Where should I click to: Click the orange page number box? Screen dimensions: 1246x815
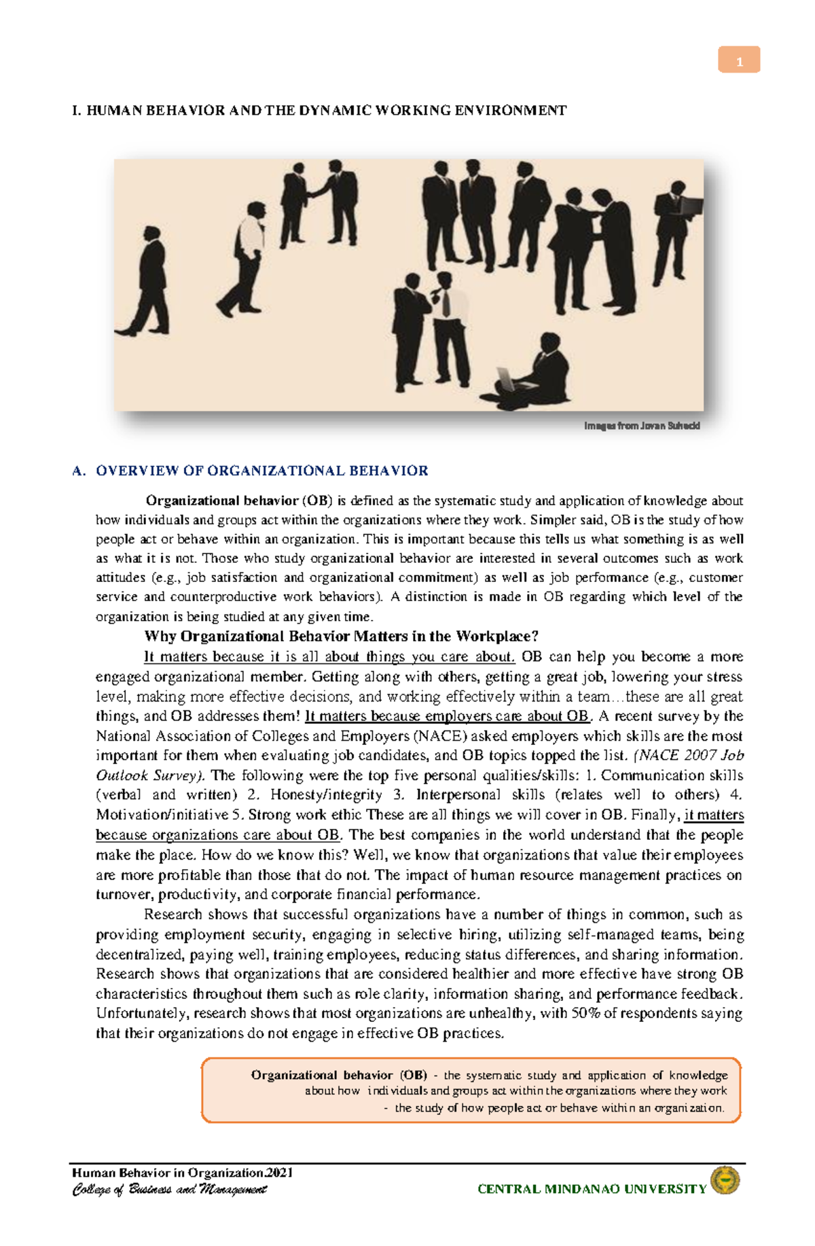739,60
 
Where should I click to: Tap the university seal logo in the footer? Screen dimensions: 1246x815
725,1182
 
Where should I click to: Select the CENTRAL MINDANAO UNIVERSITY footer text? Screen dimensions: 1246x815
592,1189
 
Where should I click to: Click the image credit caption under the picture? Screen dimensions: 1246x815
641,426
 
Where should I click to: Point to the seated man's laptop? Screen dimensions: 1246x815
507,378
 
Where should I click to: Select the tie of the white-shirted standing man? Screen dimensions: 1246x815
446,302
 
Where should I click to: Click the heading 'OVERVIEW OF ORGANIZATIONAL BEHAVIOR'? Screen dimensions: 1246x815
261,471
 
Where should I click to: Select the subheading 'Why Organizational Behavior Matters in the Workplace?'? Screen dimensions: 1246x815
341,636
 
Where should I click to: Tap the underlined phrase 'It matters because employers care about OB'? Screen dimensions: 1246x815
448,716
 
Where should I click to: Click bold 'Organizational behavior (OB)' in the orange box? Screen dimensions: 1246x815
339,1075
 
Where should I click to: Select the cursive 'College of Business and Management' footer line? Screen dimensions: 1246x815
169,1190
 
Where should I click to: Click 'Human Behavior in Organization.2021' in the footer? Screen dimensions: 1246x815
182,1173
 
